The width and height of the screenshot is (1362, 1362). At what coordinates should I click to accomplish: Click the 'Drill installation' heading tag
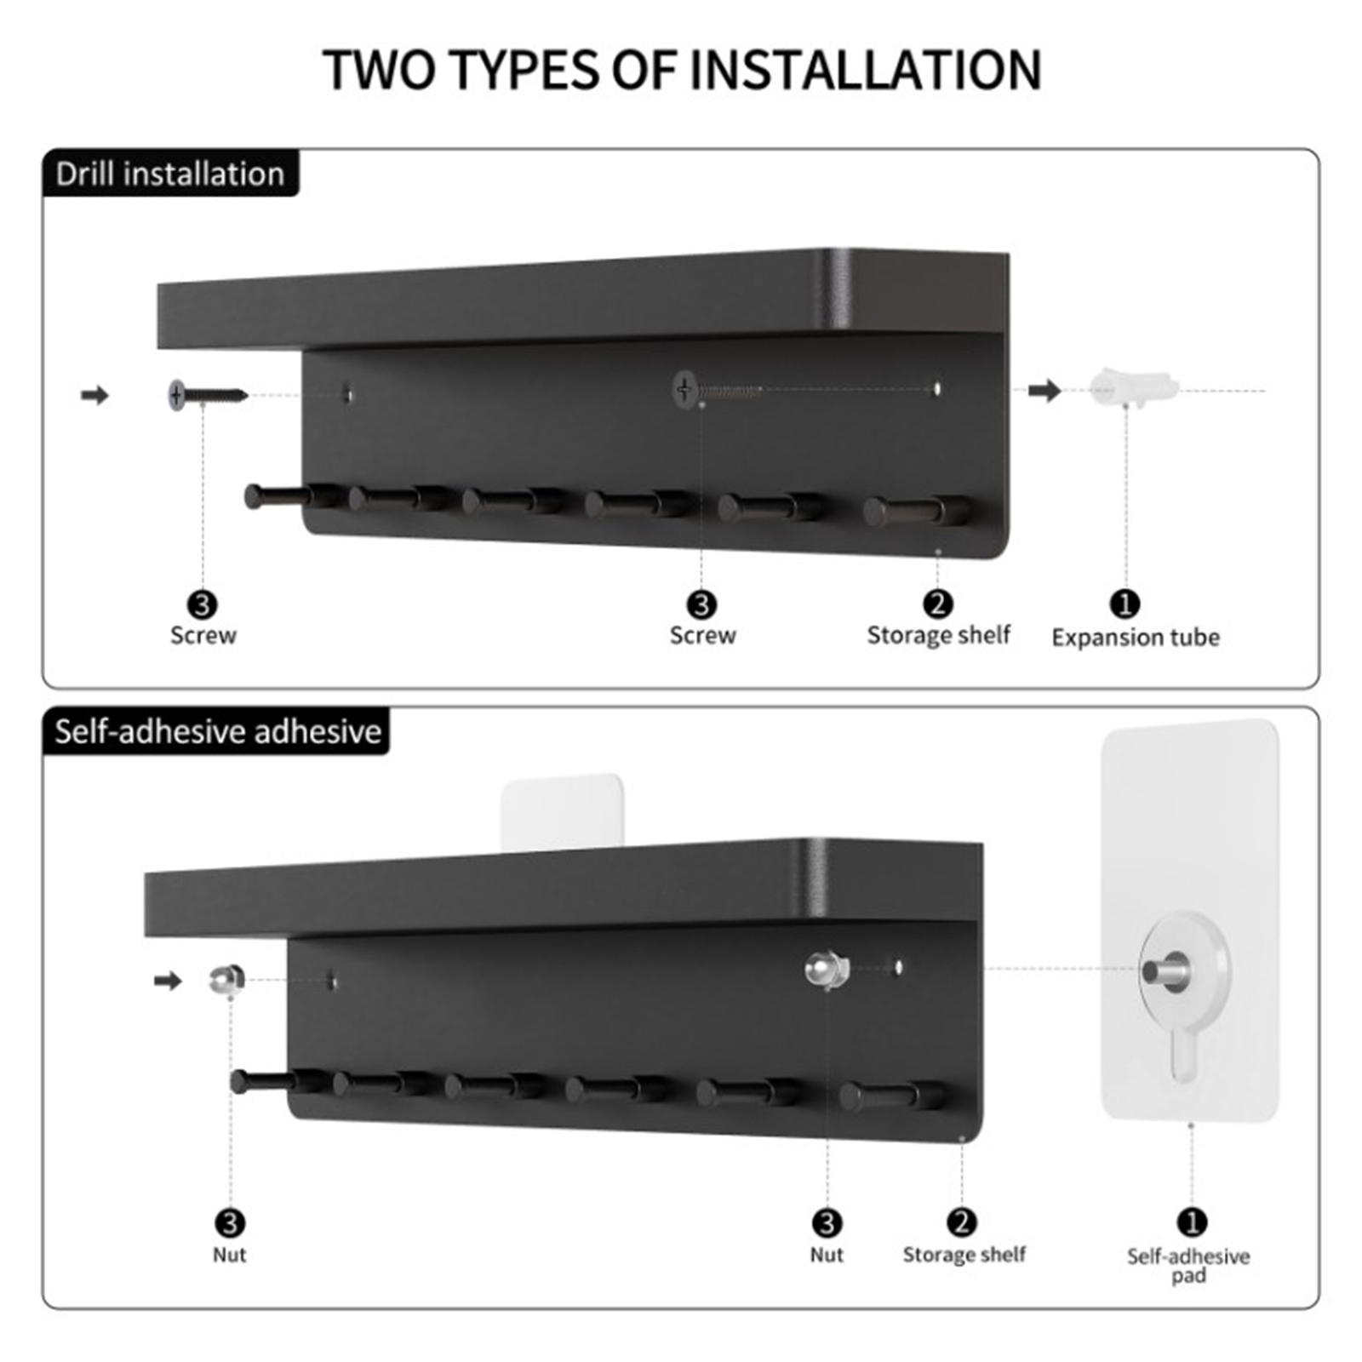click(170, 174)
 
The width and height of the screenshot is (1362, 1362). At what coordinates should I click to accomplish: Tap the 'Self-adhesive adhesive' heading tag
click(216, 731)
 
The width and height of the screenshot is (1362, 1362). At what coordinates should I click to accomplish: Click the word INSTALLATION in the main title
click(865, 70)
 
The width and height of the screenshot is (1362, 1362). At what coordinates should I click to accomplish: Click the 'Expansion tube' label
click(1136, 637)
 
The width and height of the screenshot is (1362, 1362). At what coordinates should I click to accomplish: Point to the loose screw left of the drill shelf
click(208, 395)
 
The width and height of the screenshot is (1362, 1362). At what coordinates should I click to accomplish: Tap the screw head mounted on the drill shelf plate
click(685, 390)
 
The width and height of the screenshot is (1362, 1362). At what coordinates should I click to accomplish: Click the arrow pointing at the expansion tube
click(1044, 391)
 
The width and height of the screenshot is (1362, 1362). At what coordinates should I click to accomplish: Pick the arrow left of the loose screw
click(95, 395)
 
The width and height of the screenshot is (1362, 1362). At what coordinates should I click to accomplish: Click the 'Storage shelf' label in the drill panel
click(938, 635)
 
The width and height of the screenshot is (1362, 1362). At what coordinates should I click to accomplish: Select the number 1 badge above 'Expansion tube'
click(1125, 604)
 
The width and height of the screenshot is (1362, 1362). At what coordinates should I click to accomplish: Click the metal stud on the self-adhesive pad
click(1166, 970)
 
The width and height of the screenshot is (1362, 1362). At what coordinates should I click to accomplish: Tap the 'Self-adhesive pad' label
click(1188, 1265)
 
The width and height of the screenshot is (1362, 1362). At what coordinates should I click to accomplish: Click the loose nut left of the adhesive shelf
click(227, 980)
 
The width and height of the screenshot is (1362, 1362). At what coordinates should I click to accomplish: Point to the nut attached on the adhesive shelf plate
click(827, 970)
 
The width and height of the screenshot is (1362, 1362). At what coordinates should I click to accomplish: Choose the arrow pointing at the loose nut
click(168, 981)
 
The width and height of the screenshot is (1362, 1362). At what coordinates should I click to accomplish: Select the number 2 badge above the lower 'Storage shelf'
click(962, 1223)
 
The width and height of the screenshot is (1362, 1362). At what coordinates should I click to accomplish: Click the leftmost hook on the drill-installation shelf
click(289, 496)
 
